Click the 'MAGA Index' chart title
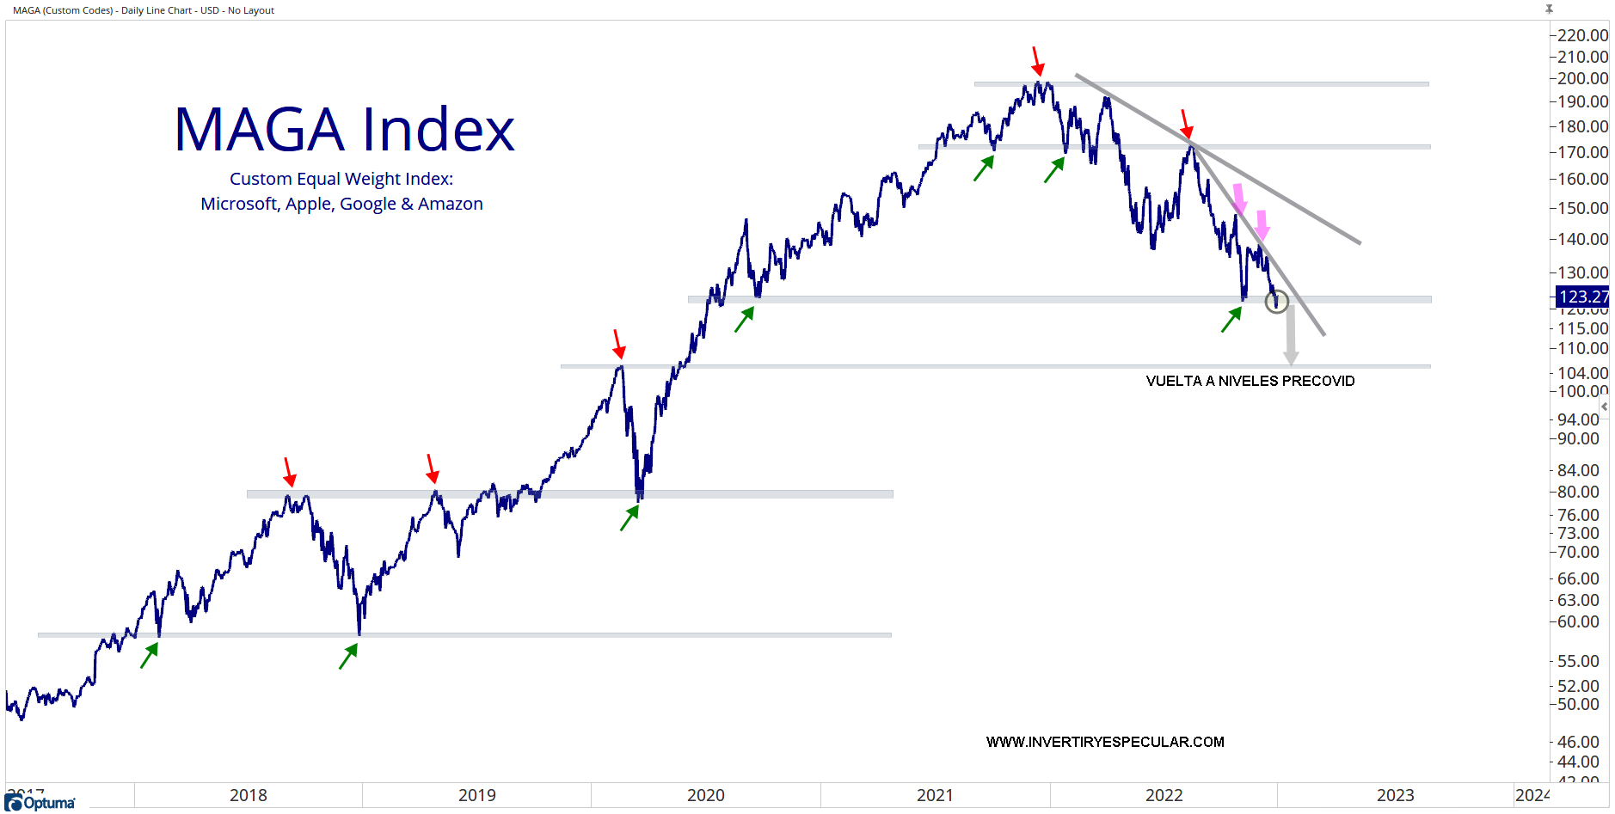pyautogui.click(x=344, y=130)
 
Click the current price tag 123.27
pyautogui.click(x=1582, y=297)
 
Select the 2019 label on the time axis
pyautogui.click(x=476, y=795)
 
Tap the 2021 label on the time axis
pyautogui.click(x=935, y=795)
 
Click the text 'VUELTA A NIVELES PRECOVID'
pyautogui.click(x=1250, y=381)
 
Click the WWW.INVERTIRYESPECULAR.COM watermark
pyautogui.click(x=1105, y=742)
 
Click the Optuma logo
pyautogui.click(x=40, y=803)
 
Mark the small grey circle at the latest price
pyautogui.click(x=1277, y=301)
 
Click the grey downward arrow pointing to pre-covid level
pyautogui.click(x=1291, y=337)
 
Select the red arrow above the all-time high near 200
pyautogui.click(x=1037, y=61)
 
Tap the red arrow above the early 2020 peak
pyautogui.click(x=618, y=344)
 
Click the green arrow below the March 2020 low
pyautogui.click(x=629, y=517)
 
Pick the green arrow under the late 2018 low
pyautogui.click(x=348, y=656)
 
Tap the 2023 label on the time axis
pyautogui.click(x=1395, y=795)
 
